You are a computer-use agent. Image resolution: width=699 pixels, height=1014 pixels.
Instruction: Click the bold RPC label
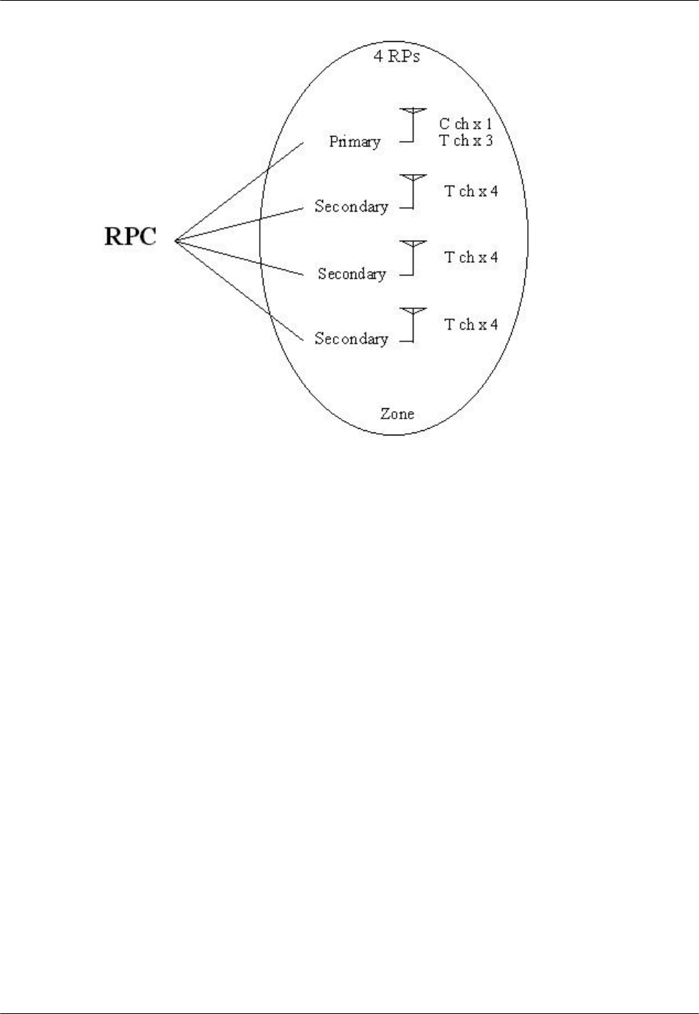[130, 237]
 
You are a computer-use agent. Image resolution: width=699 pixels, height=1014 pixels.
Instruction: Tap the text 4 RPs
[397, 56]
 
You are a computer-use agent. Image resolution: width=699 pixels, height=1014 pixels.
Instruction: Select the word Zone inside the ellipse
[396, 413]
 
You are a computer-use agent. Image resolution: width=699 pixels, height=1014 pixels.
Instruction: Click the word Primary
[355, 142]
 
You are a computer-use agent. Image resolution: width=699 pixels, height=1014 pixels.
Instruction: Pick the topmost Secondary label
[351, 206]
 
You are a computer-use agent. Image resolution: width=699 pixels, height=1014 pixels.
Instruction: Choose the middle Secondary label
[352, 274]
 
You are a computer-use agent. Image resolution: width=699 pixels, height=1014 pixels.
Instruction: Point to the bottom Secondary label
[351, 338]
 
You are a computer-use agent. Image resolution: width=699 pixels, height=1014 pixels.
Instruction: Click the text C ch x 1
[466, 125]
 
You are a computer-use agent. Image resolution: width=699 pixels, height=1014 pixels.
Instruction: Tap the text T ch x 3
[466, 140]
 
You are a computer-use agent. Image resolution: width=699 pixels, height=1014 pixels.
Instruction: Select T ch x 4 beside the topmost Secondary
[471, 191]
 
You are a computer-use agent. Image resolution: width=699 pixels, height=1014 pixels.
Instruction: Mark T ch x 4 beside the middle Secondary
[471, 258]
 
